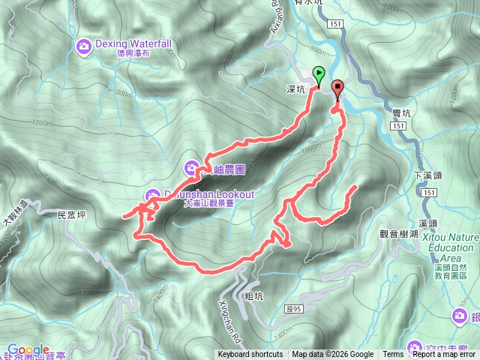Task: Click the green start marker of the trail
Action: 319,75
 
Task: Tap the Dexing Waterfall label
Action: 133,43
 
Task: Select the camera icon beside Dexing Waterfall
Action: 84,47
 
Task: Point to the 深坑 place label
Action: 296,89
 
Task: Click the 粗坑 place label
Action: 254,295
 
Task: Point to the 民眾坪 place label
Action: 73,215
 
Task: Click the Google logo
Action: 28,349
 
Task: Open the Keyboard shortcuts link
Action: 250,355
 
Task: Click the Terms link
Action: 393,355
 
